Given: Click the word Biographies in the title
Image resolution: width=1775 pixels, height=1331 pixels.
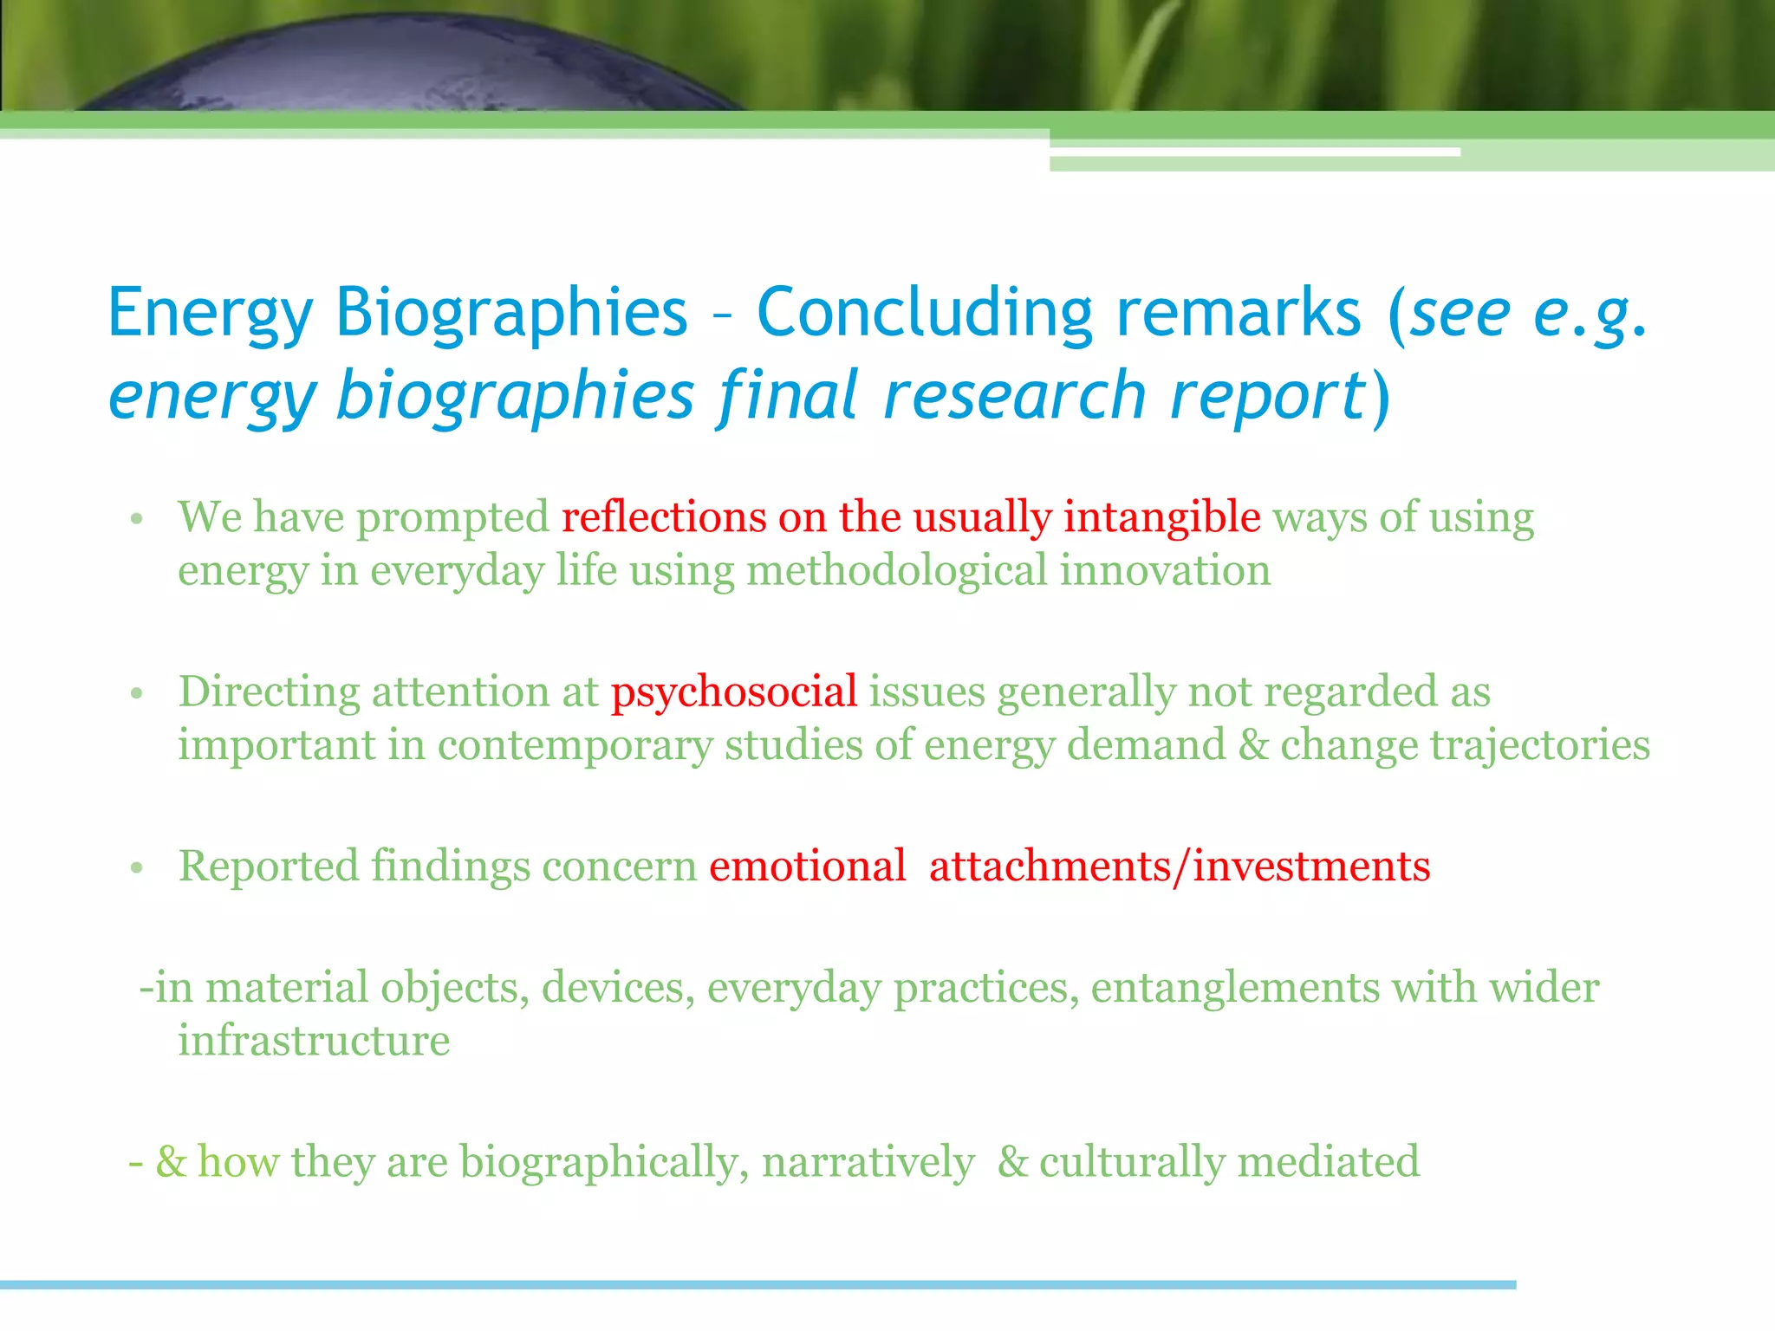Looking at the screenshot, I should tap(511, 312).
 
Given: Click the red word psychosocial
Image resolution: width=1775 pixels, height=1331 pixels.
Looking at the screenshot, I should tap(734, 692).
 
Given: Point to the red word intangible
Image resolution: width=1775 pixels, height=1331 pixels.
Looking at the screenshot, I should tap(1161, 517).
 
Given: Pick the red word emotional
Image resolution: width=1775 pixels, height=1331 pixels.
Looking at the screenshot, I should tap(807, 867).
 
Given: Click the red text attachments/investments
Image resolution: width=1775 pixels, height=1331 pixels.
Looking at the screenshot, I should tap(1180, 867).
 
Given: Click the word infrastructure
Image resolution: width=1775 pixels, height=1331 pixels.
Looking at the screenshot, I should tap(314, 1041).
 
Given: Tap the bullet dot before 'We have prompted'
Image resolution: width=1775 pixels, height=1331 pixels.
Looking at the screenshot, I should tap(136, 520).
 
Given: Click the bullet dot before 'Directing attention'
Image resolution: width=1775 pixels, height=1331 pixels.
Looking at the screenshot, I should tap(136, 694).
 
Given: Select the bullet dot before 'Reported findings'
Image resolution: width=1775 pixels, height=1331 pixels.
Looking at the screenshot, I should tap(136, 868).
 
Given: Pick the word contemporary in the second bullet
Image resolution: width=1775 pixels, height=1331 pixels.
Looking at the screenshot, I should tap(575, 745).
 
